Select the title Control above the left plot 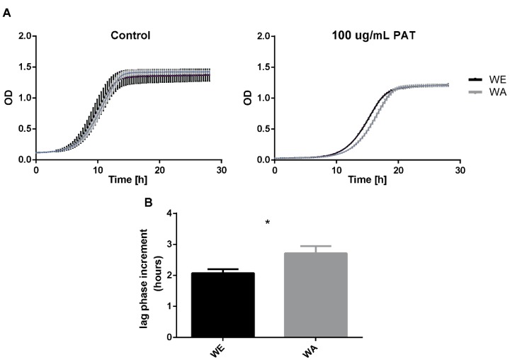130,35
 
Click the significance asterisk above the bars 268,223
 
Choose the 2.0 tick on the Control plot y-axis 23,35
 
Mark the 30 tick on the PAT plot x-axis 460,171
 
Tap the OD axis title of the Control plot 8,98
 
